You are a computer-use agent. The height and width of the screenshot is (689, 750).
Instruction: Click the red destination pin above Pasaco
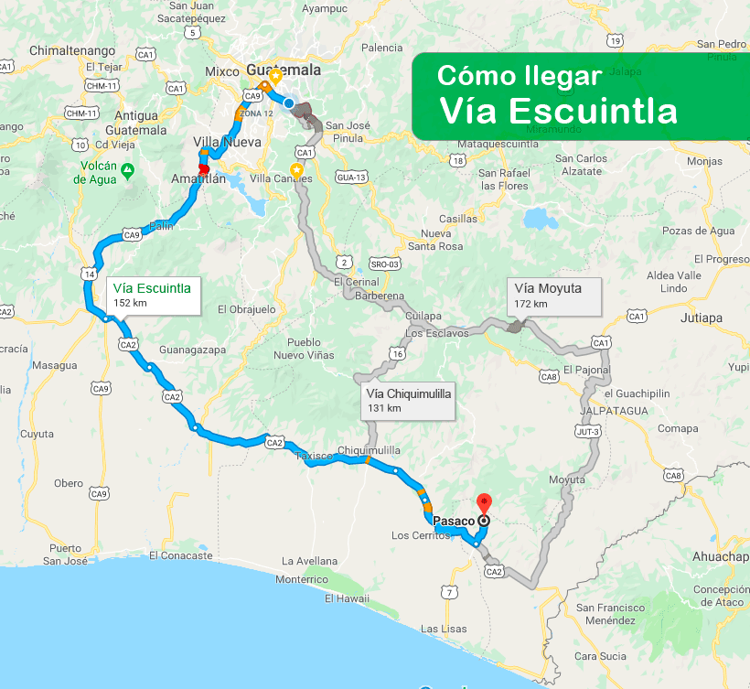(484, 502)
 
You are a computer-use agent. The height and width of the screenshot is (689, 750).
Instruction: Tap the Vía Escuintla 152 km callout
(152, 295)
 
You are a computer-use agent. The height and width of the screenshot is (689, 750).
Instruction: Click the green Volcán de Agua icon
(127, 169)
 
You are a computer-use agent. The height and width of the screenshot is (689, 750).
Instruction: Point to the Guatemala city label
(284, 70)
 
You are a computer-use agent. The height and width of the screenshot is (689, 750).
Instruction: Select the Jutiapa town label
(702, 318)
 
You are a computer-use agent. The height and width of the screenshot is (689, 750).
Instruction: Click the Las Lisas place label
(444, 630)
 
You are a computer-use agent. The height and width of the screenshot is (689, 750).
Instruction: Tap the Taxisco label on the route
(316, 455)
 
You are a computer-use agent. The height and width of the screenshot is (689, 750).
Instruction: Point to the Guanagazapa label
(191, 350)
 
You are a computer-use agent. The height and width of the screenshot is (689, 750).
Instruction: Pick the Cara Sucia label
(600, 656)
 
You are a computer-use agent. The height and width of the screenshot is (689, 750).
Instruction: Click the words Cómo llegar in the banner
(519, 75)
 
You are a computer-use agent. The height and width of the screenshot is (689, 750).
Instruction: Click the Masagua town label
(55, 365)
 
